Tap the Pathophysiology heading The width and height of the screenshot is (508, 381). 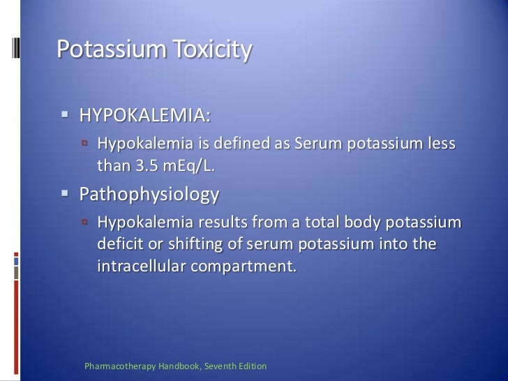pos(149,194)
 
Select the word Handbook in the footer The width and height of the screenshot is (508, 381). pos(171,366)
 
